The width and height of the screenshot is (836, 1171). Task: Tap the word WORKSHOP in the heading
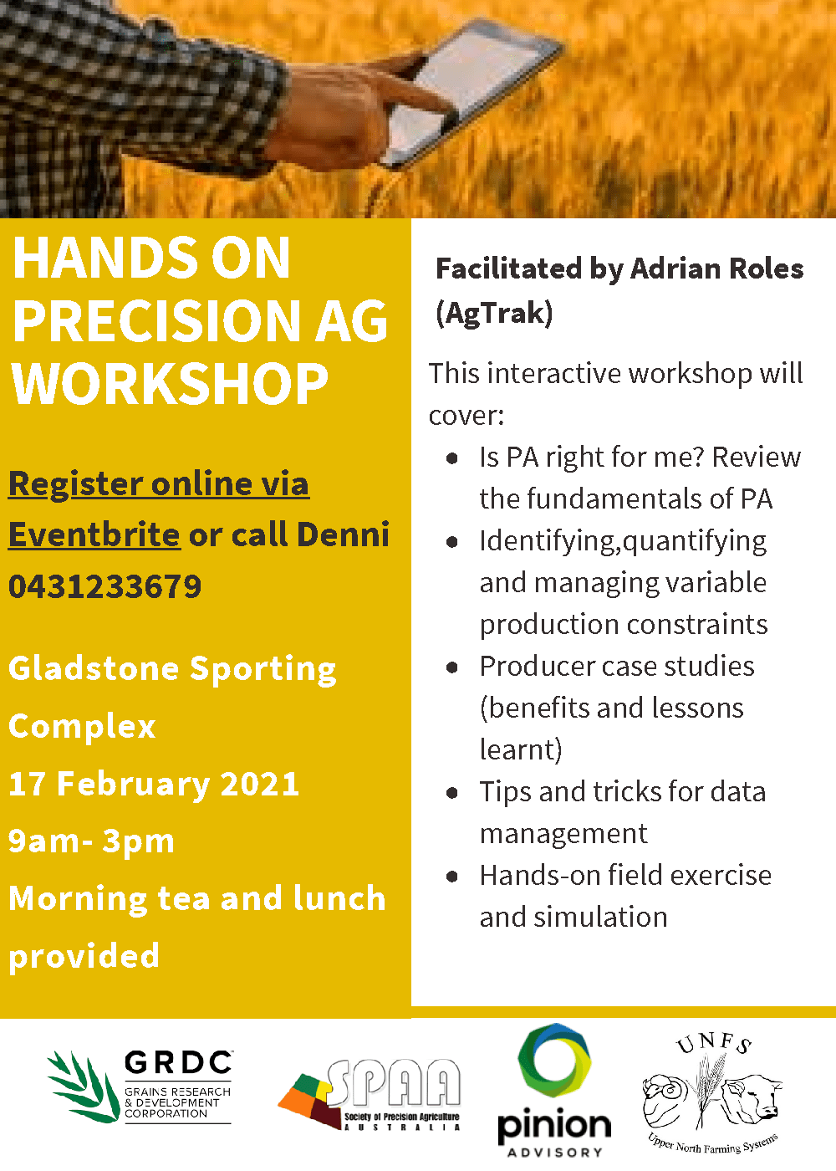tap(170, 384)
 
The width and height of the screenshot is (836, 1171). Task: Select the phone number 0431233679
tap(105, 586)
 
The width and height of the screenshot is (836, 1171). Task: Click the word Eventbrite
tap(94, 534)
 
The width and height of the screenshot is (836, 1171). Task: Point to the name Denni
tap(344, 534)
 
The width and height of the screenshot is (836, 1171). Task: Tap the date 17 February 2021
tap(154, 785)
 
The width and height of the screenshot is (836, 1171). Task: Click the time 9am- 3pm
tap(91, 841)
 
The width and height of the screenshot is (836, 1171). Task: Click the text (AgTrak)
tap(494, 314)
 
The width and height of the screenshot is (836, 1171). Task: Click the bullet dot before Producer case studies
tap(452, 667)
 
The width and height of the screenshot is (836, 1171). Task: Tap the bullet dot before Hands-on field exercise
tap(452, 877)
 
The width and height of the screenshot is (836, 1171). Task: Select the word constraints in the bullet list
tap(697, 625)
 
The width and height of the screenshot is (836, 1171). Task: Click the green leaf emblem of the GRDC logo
tap(84, 1087)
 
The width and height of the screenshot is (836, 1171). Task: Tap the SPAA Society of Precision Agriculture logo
tap(369, 1094)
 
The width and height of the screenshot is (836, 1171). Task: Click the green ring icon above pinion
tap(554, 1061)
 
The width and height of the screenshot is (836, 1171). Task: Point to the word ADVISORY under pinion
tap(555, 1153)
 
